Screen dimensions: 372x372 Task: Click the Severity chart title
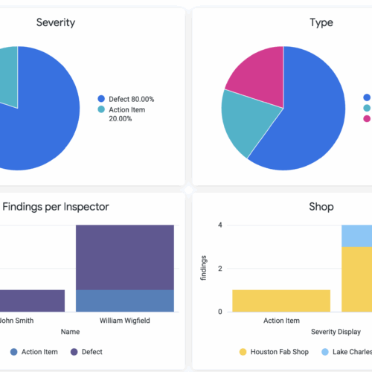point(55,22)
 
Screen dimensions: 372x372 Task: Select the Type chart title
point(321,22)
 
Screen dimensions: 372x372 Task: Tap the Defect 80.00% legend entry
point(129,99)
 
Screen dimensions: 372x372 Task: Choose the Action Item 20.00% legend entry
point(127,115)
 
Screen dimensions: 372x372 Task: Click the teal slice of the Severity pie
point(7,74)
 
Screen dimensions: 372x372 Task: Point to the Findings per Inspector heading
point(55,208)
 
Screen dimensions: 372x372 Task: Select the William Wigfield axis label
point(124,321)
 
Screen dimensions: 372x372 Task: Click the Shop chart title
point(321,208)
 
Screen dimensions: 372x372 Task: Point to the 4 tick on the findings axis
point(219,225)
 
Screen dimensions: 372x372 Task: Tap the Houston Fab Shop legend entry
point(276,351)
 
